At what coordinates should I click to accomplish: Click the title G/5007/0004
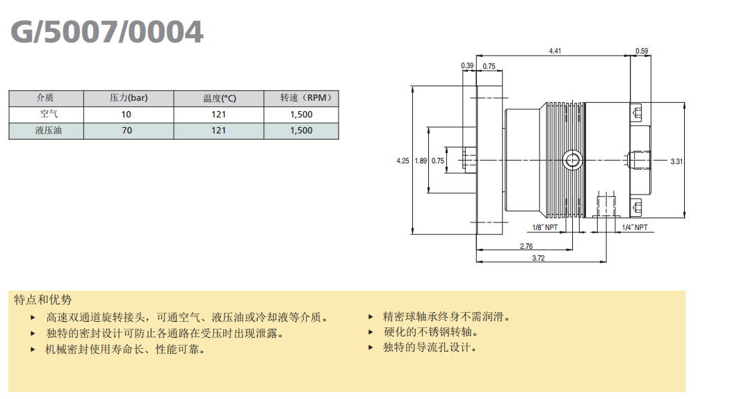pyautogui.click(x=107, y=31)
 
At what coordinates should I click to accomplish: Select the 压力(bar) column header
pyautogui.click(x=129, y=98)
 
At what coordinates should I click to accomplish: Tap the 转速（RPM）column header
pyautogui.click(x=301, y=98)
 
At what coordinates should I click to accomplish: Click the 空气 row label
pyautogui.click(x=46, y=114)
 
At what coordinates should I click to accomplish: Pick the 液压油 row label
pyautogui.click(x=46, y=130)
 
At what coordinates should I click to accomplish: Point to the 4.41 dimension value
pyautogui.click(x=555, y=51)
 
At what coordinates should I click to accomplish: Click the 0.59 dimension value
pyautogui.click(x=642, y=51)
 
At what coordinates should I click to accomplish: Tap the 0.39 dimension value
pyautogui.click(x=467, y=66)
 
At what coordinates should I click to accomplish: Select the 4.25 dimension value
pyautogui.click(x=403, y=161)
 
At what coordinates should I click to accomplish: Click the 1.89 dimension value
pyautogui.click(x=420, y=161)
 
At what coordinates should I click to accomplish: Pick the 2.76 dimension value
pyautogui.click(x=526, y=246)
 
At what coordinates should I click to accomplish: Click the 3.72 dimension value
pyautogui.click(x=537, y=258)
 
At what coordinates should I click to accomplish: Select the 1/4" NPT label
pyautogui.click(x=634, y=227)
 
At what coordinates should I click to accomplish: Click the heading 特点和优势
pyautogui.click(x=43, y=300)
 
